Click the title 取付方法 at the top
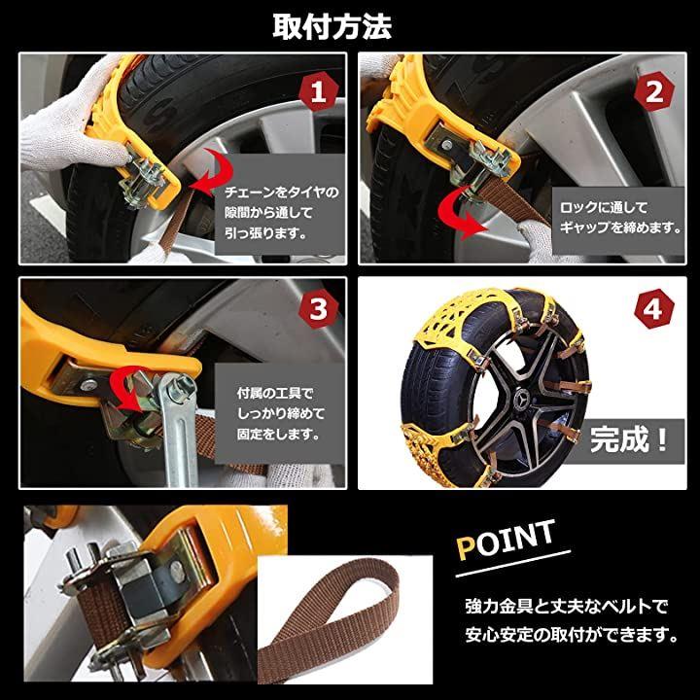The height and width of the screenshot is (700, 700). pos(332,27)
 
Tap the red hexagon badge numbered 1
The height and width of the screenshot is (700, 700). pos(318,93)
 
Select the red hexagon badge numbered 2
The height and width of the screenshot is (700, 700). pos(654,93)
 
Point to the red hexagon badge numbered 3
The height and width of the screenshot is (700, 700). pos(318,309)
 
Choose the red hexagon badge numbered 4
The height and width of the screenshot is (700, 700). pos(654,309)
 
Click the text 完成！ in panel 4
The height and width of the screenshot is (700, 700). pos(629,439)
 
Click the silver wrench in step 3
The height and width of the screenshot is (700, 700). pos(180,429)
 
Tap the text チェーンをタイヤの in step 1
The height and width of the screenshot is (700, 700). pos(281,192)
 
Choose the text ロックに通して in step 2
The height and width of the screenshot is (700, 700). pos(604,208)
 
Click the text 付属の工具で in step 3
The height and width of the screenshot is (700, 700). pos(275,394)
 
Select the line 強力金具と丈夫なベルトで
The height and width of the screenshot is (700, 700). pos(566,607)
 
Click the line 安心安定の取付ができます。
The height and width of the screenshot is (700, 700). pos(572,634)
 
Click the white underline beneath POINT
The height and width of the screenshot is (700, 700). pos(513,564)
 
